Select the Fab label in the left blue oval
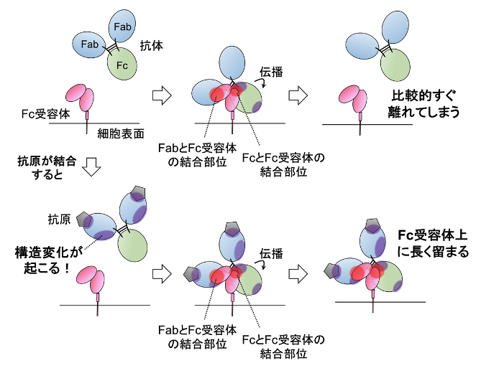tap(91, 44)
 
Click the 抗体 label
tap(152, 44)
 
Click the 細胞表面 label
tap(121, 133)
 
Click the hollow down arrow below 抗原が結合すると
tap(91, 166)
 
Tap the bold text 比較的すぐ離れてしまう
tap(423, 103)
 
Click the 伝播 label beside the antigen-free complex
tap(271, 71)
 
